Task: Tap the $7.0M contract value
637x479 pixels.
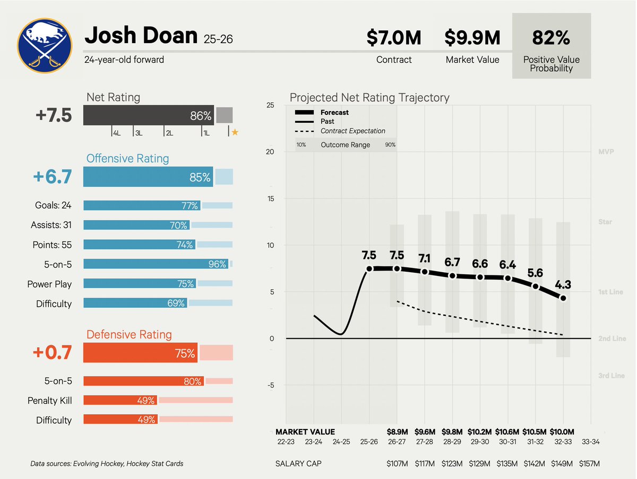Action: (x=393, y=38)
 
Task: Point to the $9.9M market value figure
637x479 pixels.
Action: (x=472, y=38)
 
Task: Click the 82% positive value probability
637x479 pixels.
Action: (x=551, y=38)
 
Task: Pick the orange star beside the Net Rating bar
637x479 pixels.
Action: (x=235, y=132)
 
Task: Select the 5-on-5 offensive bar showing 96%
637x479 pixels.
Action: (x=156, y=264)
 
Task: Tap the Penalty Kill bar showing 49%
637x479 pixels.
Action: (x=120, y=400)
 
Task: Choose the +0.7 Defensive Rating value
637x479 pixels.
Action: (x=53, y=353)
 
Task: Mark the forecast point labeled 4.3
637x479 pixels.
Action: (x=563, y=298)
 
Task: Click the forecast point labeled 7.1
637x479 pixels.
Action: (x=425, y=272)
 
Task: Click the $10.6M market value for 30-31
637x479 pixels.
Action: (x=507, y=432)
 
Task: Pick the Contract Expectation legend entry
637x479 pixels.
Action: (x=352, y=131)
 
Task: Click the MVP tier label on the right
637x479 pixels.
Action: (x=605, y=152)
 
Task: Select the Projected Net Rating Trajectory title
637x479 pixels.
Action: (x=369, y=98)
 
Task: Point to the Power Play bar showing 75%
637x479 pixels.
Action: (x=140, y=284)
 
